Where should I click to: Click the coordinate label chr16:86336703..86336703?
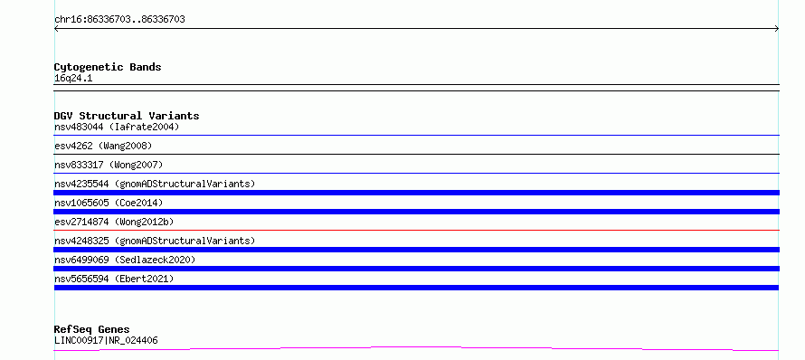tap(119, 20)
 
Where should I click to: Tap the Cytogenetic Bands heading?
tap(108, 67)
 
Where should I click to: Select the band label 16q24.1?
tap(73, 79)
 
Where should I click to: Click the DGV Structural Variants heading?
tap(127, 116)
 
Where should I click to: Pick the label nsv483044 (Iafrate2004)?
tap(117, 127)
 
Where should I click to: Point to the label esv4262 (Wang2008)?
tap(103, 146)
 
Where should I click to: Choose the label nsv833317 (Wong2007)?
tap(109, 165)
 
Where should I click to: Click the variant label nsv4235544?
tap(81, 184)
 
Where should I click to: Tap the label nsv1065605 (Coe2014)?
tap(109, 203)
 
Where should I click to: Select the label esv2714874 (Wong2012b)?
tap(114, 222)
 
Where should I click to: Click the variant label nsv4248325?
tap(81, 241)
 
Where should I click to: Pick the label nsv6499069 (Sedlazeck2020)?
tap(125, 260)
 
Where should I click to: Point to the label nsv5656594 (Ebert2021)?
tap(114, 279)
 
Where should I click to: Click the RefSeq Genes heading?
tap(92, 329)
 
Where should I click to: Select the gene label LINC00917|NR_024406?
tap(106, 340)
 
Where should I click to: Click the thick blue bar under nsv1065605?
tap(416, 212)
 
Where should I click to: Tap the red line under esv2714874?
tap(416, 230)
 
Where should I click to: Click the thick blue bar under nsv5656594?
tap(416, 288)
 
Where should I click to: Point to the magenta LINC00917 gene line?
tap(416, 348)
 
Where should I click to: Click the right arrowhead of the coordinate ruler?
tap(777, 29)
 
